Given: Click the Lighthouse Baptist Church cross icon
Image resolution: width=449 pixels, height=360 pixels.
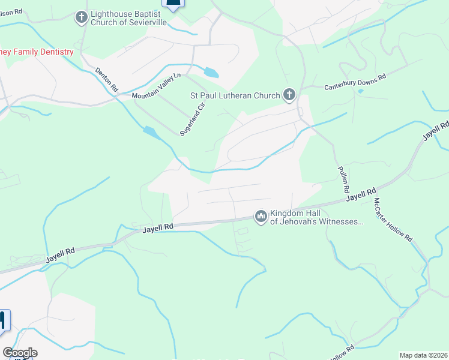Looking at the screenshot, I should pos(82,18).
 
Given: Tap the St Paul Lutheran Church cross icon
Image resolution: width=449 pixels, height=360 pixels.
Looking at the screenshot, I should pos(289,95).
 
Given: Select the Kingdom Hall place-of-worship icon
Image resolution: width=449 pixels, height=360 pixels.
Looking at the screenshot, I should pos(261,216).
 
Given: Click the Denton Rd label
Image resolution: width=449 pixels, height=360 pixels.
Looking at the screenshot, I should pos(106,79).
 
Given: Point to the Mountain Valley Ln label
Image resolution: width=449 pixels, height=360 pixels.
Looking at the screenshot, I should pos(156,86).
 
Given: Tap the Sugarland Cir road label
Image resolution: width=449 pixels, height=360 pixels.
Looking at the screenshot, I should pos(193,119).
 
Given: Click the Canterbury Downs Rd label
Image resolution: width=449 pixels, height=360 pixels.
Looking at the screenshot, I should pos(355,81).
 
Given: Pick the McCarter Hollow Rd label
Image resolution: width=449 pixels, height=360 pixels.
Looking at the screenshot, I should pos(393,219).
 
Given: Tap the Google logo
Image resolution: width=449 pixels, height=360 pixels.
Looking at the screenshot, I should pos(20,353).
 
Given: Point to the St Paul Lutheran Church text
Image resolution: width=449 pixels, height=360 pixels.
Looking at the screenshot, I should pos(235,95).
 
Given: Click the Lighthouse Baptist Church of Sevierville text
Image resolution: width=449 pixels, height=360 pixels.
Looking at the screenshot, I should pos(129,18).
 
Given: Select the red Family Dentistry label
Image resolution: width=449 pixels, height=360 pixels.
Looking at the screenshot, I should pos(37,52).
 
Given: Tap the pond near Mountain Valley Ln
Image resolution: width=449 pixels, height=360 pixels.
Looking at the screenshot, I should pos(211,73).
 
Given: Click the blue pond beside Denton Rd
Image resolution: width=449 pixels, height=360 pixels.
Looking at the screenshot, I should pos(151,133).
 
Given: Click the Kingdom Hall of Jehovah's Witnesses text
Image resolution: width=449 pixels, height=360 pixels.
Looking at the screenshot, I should pos(316,217).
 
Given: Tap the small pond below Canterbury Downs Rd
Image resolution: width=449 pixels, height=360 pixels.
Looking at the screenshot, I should pos(360,92).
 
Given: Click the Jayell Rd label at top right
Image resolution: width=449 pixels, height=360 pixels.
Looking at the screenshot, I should pos(435,131).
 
